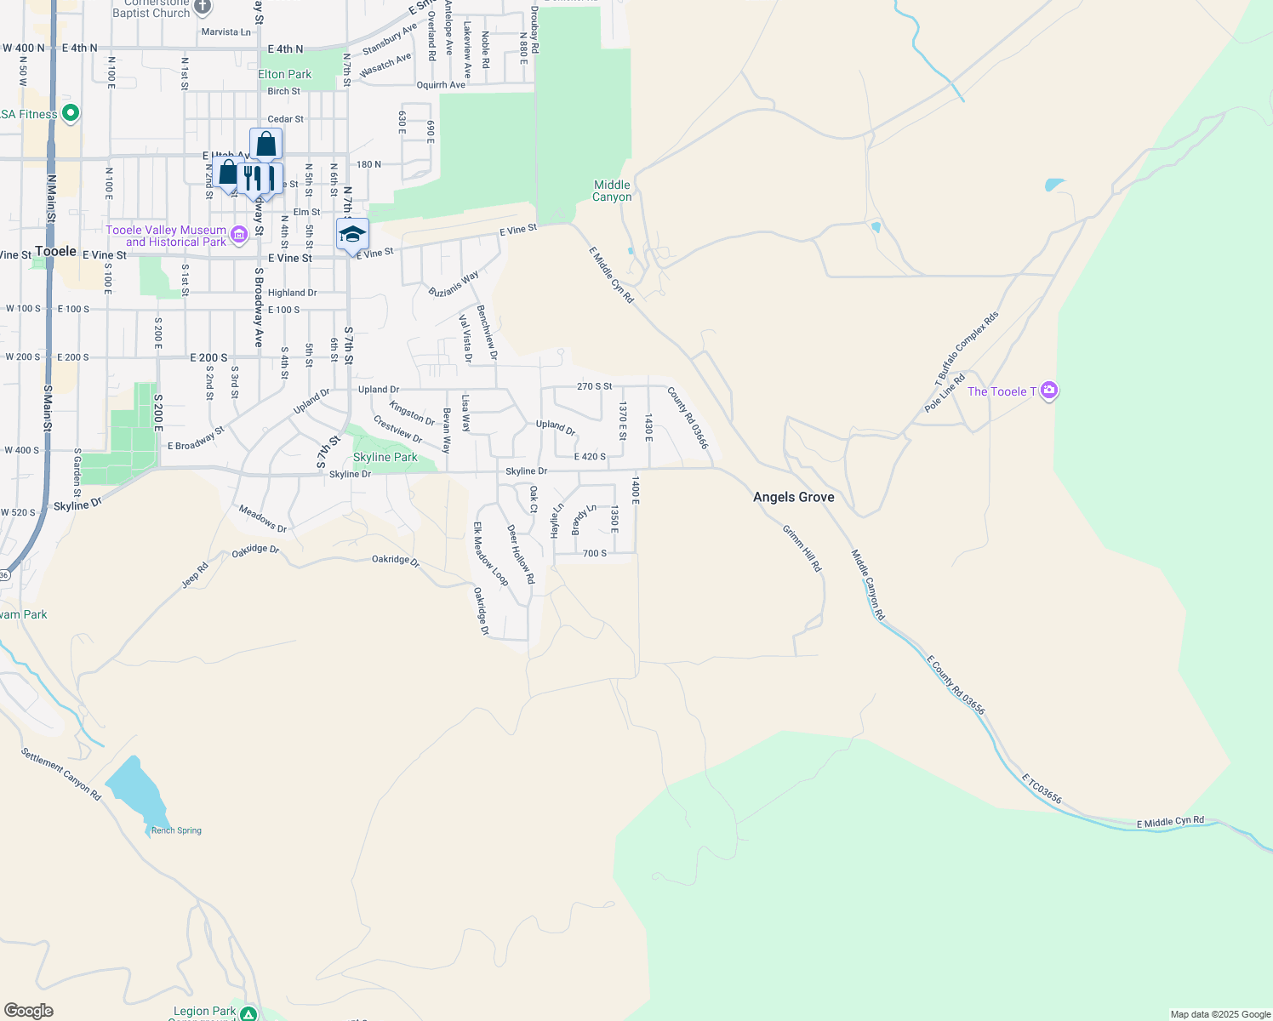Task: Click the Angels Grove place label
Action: pos(793,497)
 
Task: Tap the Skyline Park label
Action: pos(385,457)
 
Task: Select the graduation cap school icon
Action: pos(352,235)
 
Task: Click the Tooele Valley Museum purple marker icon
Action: pos(238,234)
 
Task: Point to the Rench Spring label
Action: pos(176,830)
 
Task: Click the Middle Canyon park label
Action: pos(612,191)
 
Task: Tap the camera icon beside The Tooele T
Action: pos(1049,391)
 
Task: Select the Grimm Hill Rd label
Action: pos(802,549)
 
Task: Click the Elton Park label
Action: pos(285,74)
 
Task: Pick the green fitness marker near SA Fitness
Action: pos(71,112)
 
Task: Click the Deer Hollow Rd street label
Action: pos(521,554)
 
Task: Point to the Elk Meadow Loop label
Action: pos(491,554)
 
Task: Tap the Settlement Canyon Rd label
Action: pos(61,774)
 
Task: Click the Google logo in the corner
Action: pos(29,1011)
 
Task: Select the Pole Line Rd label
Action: pos(945,393)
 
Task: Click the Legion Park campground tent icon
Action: pos(248,1013)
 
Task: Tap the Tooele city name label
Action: pos(56,251)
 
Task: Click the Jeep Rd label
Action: pos(195,576)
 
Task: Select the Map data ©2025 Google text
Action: pos(1219,1014)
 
